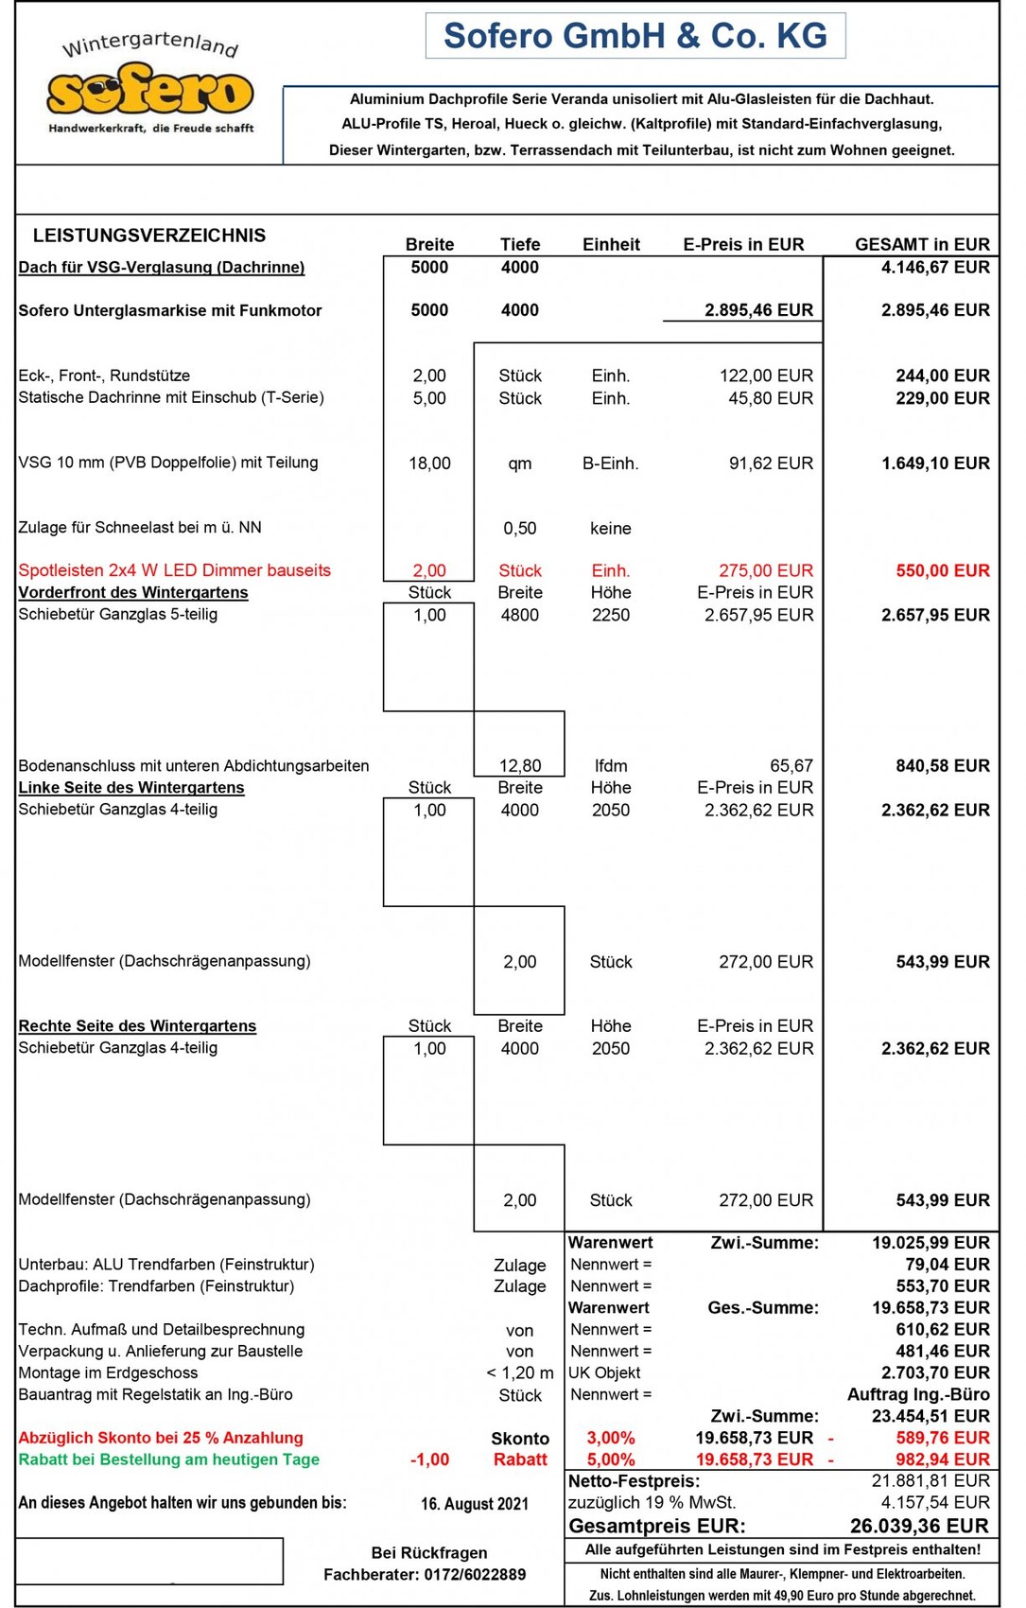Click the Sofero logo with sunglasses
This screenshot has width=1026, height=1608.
[x=149, y=92]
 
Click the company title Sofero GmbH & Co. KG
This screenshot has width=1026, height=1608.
[x=635, y=36]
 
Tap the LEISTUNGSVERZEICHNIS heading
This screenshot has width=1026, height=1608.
[x=149, y=236]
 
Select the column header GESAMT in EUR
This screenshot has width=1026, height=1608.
[x=921, y=244]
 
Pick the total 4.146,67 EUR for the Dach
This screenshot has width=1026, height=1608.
[x=934, y=268]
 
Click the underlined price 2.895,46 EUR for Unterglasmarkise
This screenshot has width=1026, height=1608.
[x=758, y=310]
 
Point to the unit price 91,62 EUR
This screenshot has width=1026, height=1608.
[x=770, y=463]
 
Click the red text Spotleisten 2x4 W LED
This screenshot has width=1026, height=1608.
[x=174, y=570]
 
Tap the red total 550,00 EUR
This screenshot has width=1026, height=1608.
[x=942, y=570]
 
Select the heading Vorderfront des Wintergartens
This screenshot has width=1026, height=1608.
[x=133, y=593]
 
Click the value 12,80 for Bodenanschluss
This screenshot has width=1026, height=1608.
[x=520, y=766]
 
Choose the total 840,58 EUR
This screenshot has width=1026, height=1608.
[x=942, y=766]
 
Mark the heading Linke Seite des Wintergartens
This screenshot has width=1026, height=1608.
[x=131, y=788]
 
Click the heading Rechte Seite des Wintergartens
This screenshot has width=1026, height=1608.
[x=137, y=1026]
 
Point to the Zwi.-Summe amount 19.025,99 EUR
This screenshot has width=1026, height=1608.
[x=930, y=1243]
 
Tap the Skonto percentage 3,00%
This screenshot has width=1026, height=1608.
[x=611, y=1438]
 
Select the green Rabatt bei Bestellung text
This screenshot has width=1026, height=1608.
[x=168, y=1459]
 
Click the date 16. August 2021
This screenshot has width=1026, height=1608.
[x=475, y=1504]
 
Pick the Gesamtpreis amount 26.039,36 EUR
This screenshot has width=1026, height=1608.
[x=919, y=1526]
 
